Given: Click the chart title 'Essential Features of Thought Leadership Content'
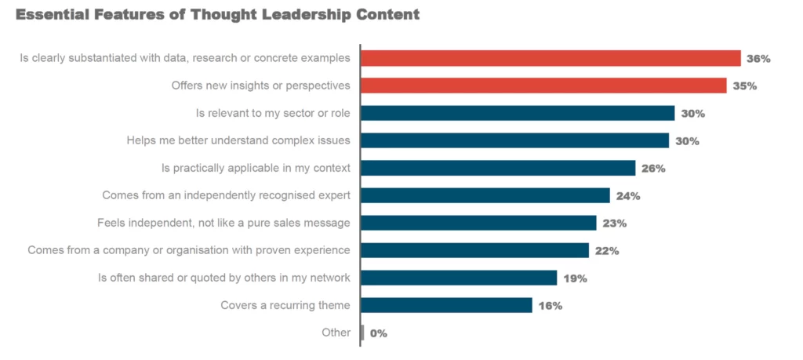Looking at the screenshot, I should tap(217, 15).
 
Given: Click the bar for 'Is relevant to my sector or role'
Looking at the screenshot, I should tap(518, 113).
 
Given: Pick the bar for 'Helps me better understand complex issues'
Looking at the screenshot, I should tap(514, 140).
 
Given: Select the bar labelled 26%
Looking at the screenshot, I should tap(498, 168).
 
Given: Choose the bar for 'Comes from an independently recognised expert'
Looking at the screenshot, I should tap(485, 195).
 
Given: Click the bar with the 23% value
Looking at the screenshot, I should tap(478, 223).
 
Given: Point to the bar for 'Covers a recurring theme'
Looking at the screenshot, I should tap(446, 305).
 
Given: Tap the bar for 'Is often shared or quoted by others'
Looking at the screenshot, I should tap(459, 278).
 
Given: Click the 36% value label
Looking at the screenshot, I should tap(759, 59).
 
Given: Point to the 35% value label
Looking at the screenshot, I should tap(744, 86).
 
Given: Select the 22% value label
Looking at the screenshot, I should tap(607, 251).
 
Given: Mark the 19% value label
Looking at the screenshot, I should tap(575, 278).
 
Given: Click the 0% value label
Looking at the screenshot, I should tap(379, 333).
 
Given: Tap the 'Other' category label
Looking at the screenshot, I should tap(336, 333).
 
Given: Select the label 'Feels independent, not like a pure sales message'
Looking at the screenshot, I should tap(223, 223).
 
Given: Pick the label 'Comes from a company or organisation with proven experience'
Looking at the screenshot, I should tap(188, 250).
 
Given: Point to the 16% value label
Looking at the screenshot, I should tap(550, 306).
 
